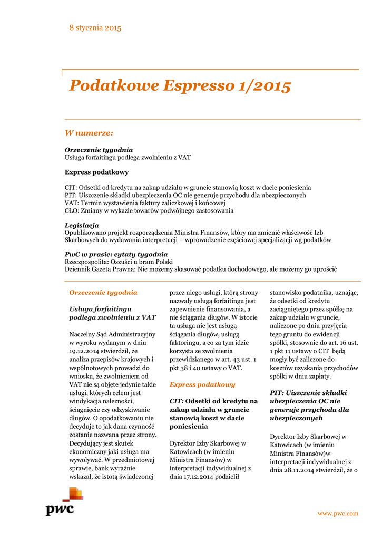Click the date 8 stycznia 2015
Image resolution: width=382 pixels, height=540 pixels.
[95, 27]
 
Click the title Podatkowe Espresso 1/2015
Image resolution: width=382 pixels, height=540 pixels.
[180, 85]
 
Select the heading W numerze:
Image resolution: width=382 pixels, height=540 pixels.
[89, 133]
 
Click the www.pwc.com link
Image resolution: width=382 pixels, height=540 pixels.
[338, 513]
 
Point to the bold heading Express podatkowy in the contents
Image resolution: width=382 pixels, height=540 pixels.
[96, 172]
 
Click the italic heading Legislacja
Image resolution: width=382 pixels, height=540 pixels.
[82, 225]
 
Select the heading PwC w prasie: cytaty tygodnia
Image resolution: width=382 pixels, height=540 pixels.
[116, 254]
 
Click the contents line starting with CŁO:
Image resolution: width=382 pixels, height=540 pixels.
[149, 210]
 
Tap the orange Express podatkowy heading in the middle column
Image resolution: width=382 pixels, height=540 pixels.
[202, 384]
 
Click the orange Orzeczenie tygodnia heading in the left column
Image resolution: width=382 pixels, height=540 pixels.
[103, 292]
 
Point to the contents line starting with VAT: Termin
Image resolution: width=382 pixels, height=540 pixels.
[145, 203]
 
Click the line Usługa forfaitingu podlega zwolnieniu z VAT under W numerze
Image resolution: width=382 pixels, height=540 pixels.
[128, 157]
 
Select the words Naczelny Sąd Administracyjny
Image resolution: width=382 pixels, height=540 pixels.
[112, 334]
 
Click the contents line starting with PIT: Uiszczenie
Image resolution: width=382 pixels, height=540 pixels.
[185, 195]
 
